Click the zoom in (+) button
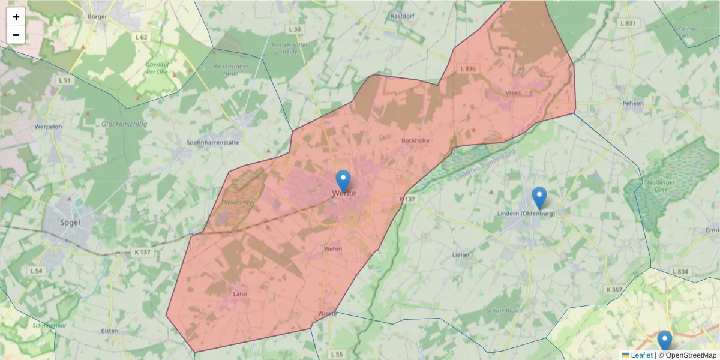coord(16,17)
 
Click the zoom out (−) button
coord(16,35)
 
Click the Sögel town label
coord(70,222)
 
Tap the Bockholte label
coord(415,140)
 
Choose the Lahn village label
coord(240,294)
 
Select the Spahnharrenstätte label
coord(213,143)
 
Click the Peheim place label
coord(633,103)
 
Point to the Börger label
coord(97,16)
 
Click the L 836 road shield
coord(467,69)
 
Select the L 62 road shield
coord(141,37)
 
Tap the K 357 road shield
coord(614,290)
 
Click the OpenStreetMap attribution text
coord(687,355)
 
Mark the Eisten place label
coord(110,331)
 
